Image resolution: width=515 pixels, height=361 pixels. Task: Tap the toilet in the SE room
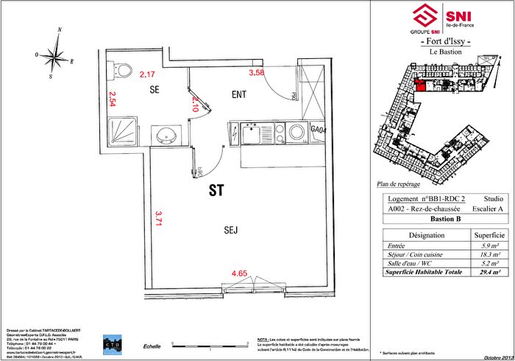tap(115, 70)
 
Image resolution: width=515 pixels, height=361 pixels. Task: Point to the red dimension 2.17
tap(147, 74)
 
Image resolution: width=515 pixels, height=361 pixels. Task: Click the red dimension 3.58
tap(256, 73)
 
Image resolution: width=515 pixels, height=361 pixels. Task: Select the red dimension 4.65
tap(239, 274)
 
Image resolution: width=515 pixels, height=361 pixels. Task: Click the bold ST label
tap(216, 191)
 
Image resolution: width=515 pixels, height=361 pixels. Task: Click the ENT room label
tap(238, 94)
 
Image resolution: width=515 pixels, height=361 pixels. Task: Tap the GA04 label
tap(319, 129)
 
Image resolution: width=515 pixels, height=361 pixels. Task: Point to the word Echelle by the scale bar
tap(152, 346)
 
